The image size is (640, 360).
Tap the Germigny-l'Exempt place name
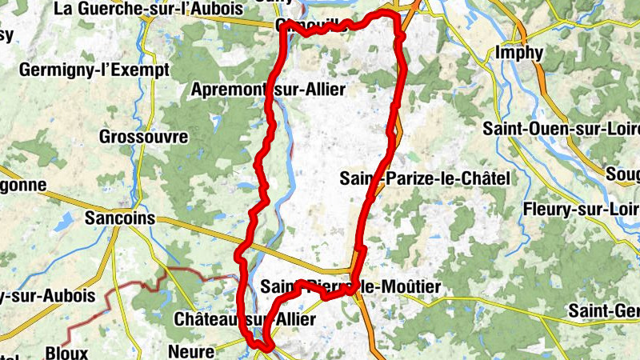click(94, 70)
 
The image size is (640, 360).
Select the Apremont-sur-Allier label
click(269, 90)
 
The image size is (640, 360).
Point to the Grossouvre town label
click(144, 137)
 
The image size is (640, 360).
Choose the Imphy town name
click(519, 54)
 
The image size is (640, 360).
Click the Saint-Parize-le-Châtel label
click(425, 178)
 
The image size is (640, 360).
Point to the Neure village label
click(191, 350)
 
